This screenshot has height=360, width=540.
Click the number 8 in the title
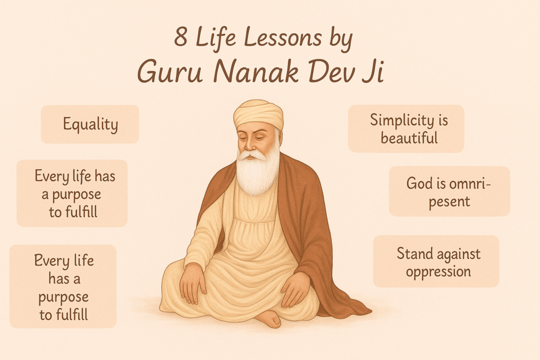point(181,42)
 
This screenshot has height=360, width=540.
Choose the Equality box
point(90,124)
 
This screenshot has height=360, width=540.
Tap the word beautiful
point(409,138)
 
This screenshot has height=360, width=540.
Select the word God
point(418,183)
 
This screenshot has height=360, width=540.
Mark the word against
point(458,255)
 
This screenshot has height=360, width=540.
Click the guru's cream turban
point(258,112)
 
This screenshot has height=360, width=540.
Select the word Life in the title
point(218,42)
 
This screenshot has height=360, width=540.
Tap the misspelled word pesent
point(450,201)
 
